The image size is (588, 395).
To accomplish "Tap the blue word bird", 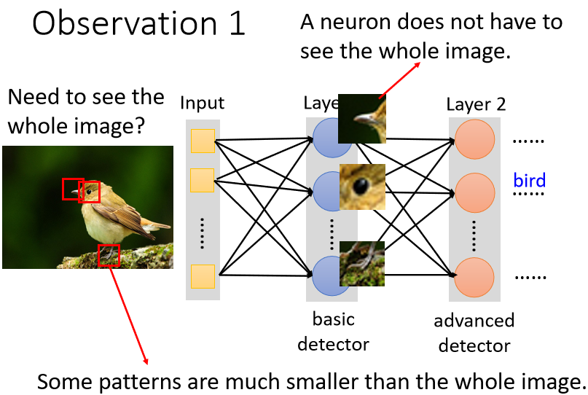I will click(x=530, y=180).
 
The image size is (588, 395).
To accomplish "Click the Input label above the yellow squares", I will click(x=203, y=103).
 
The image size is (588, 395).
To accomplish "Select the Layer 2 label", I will click(x=476, y=104).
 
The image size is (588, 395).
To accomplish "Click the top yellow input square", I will click(x=203, y=141).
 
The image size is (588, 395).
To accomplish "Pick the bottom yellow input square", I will click(x=203, y=277).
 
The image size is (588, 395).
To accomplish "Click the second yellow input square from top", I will click(x=203, y=180).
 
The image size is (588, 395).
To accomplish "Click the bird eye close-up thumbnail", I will click(x=362, y=187).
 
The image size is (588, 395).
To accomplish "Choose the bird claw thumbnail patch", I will click(x=362, y=263).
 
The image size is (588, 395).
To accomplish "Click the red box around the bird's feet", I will click(x=109, y=256).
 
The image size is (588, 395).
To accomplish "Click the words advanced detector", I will click(x=474, y=333).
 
